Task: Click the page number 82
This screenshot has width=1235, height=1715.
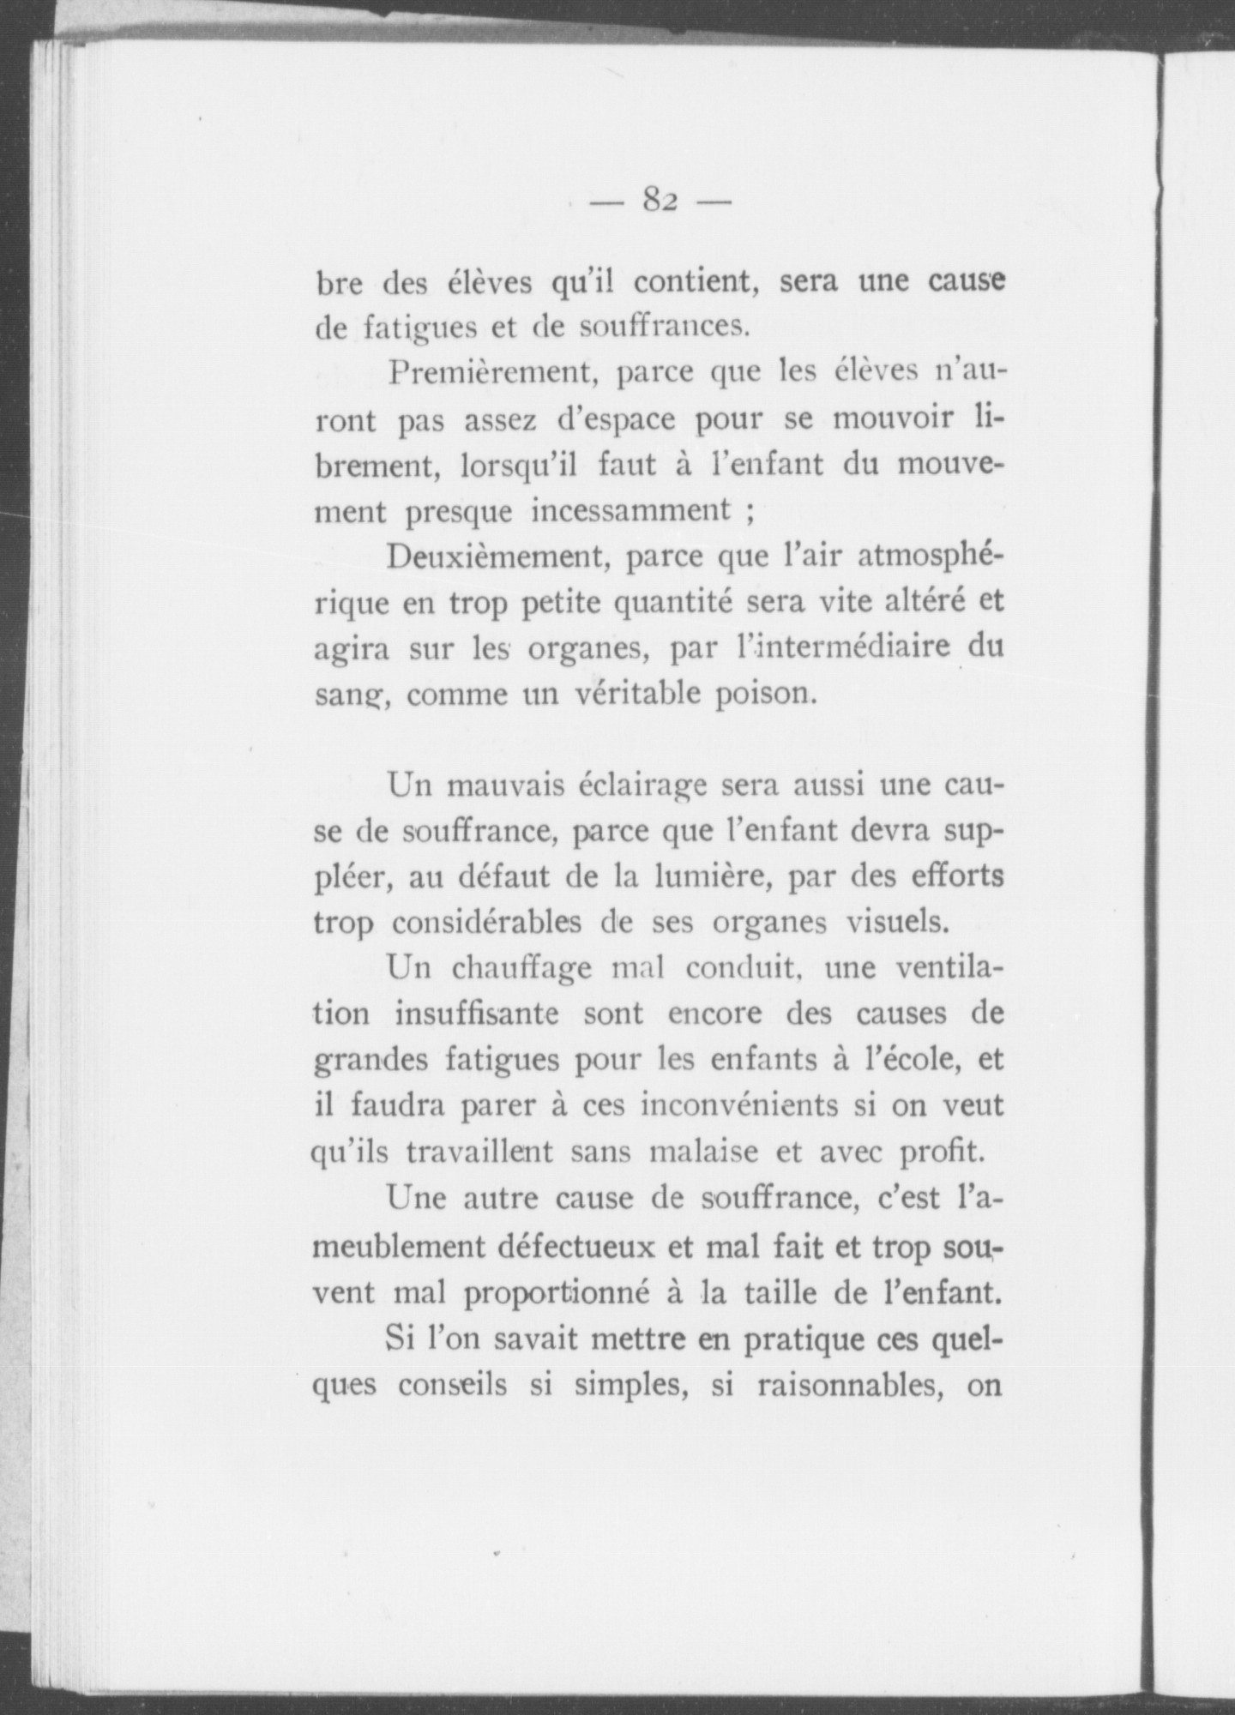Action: point(660,202)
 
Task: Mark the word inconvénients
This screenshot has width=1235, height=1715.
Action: point(738,1106)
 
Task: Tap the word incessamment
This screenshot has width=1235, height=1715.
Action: point(630,512)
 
